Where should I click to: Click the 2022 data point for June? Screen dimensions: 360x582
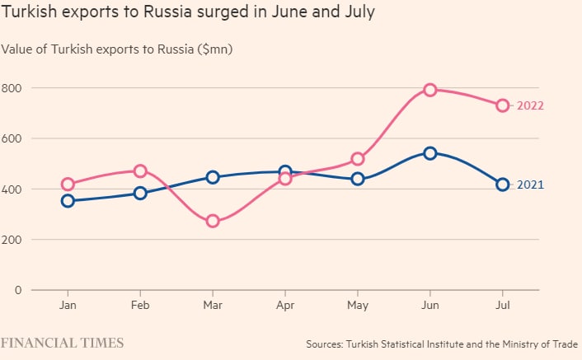[429, 90]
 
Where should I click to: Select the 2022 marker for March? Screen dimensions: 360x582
[213, 221]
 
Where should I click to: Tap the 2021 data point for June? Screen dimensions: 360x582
[429, 153]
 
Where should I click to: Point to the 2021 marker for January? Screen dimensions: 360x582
[68, 200]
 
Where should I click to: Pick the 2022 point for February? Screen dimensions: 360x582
[140, 171]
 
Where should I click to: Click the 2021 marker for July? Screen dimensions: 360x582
[502, 185]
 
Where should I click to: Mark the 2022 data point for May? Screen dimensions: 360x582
[358, 159]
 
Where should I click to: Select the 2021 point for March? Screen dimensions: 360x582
[213, 177]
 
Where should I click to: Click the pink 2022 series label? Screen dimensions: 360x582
[530, 105]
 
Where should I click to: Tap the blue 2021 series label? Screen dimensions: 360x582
[530, 185]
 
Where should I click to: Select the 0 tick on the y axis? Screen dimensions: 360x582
[16, 290]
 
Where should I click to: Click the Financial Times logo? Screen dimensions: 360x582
[62, 342]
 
